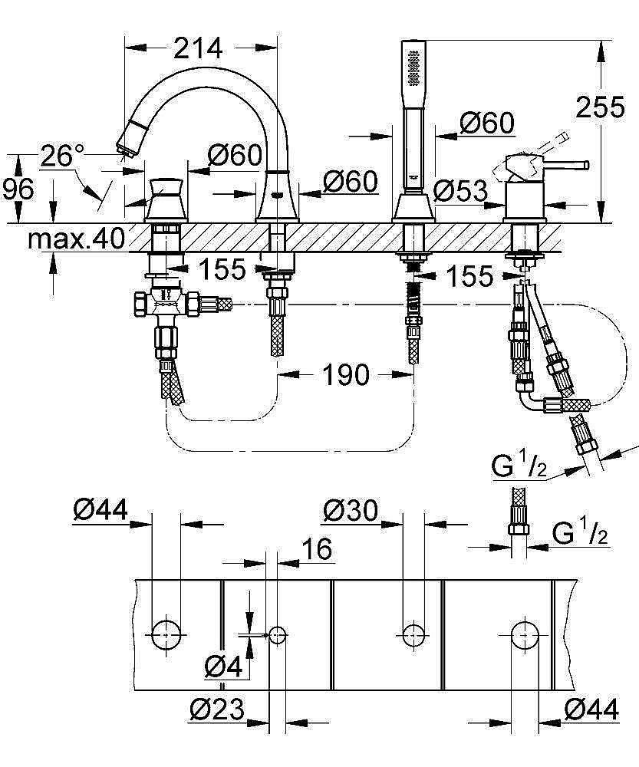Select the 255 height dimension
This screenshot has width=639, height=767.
pyautogui.click(x=600, y=107)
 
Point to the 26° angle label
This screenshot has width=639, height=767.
pyautogui.click(x=61, y=156)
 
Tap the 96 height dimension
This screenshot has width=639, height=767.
pyautogui.click(x=17, y=188)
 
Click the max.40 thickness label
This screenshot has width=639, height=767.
pyautogui.click(x=76, y=240)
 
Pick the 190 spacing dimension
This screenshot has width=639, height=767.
pyautogui.click(x=346, y=375)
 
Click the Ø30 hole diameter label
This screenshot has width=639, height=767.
pyautogui.click(x=351, y=510)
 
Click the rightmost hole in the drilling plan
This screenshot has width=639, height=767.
pyautogui.click(x=525, y=634)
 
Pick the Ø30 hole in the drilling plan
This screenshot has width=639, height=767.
pyautogui.click(x=413, y=634)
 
